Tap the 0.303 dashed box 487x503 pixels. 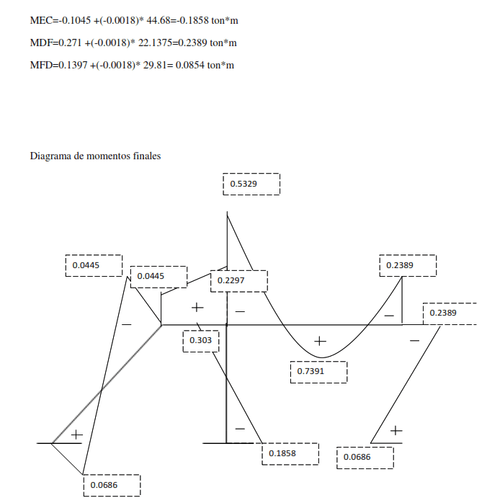coord(200,340)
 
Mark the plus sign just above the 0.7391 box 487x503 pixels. coord(321,340)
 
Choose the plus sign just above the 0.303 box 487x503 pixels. coord(198,308)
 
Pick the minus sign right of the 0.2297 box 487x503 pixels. coord(240,311)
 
